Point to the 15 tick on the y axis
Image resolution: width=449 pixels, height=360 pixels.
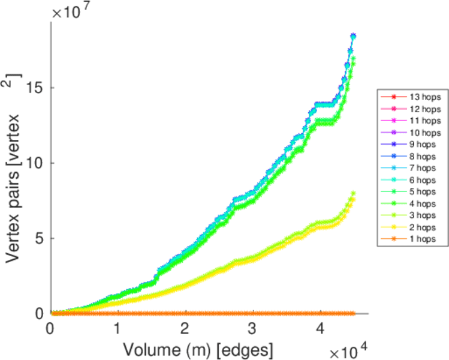pyautogui.click(x=37, y=88)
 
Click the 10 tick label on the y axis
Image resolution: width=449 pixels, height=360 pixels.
pyautogui.click(x=37, y=163)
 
